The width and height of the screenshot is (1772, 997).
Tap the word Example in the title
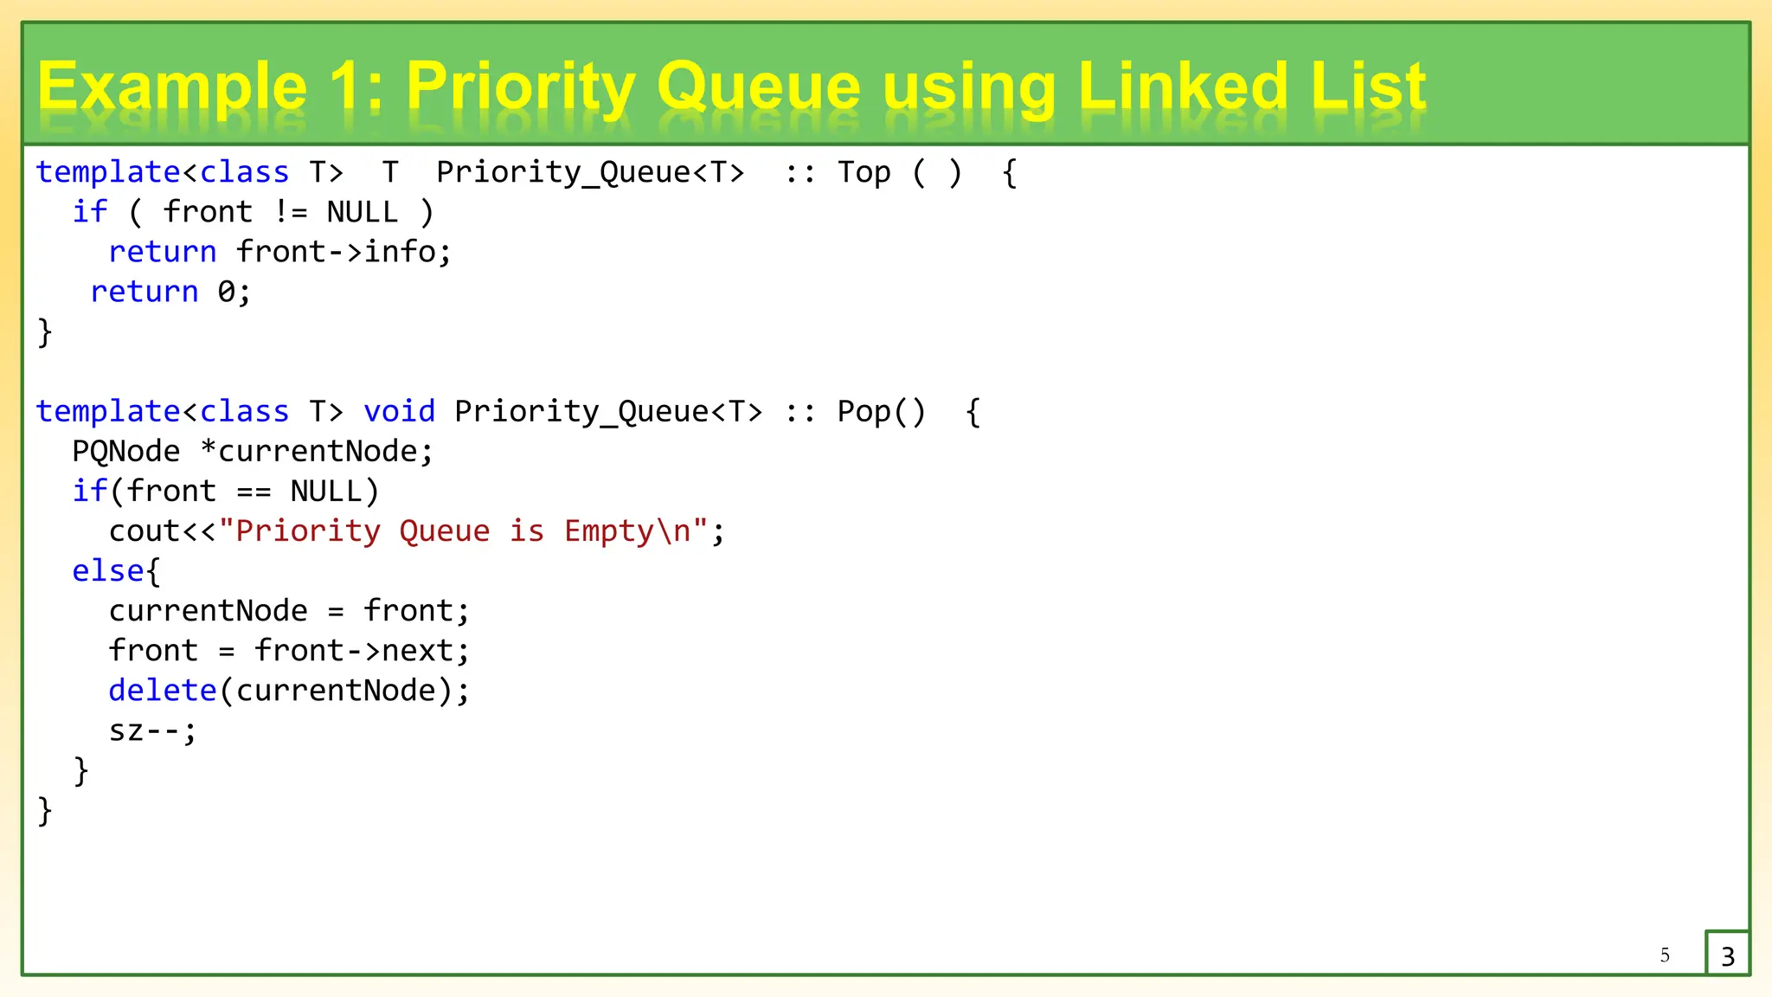point(172,87)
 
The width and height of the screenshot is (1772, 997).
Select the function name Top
point(864,172)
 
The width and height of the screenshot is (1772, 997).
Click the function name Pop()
point(881,411)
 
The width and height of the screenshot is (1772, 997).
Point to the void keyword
point(399,411)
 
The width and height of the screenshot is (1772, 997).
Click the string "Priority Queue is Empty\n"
point(464,531)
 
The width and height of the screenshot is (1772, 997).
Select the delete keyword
point(163,690)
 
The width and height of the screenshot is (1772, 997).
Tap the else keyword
point(108,570)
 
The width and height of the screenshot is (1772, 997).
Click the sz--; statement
point(153,730)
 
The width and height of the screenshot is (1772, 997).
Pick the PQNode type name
point(126,451)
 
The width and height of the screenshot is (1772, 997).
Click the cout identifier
point(144,531)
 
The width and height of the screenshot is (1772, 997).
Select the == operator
point(254,492)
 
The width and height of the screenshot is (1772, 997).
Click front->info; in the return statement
point(343,252)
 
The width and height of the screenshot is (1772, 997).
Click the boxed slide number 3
point(1728,955)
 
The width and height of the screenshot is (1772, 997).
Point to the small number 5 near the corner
point(1665,955)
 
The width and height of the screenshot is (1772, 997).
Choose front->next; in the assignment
point(362,650)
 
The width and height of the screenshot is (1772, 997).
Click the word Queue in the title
point(759,87)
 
